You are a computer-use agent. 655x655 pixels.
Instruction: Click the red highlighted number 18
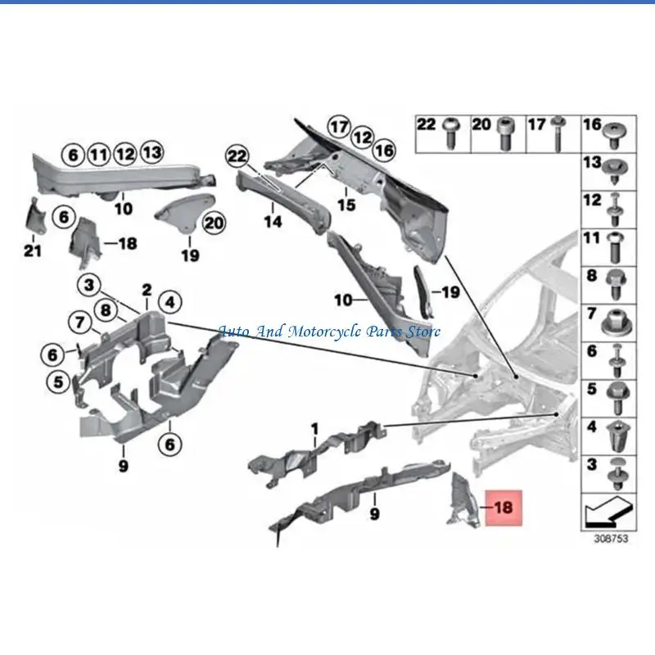(x=504, y=508)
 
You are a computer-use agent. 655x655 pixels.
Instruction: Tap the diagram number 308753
(x=611, y=539)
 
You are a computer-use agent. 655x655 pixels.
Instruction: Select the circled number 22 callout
(x=237, y=156)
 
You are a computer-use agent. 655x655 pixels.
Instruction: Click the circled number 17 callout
(x=339, y=127)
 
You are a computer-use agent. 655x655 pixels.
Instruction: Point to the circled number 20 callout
(x=214, y=223)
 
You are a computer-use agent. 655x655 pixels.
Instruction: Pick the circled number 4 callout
(x=170, y=302)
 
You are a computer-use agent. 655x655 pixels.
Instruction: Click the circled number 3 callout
(x=89, y=285)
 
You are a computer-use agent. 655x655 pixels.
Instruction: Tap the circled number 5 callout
(x=58, y=382)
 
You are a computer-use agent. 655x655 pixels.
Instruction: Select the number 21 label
(x=33, y=251)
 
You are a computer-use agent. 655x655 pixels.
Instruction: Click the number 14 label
(x=273, y=221)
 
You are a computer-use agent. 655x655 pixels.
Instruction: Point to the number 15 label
(x=346, y=205)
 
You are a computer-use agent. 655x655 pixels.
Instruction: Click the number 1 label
(x=315, y=429)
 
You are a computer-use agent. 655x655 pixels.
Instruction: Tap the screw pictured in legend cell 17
(x=558, y=133)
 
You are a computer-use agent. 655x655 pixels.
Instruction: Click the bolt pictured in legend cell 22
(x=452, y=133)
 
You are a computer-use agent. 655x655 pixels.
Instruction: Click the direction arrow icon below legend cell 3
(x=608, y=513)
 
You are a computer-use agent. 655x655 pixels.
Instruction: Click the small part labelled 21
(x=34, y=217)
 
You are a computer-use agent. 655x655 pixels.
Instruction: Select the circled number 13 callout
(x=152, y=152)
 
